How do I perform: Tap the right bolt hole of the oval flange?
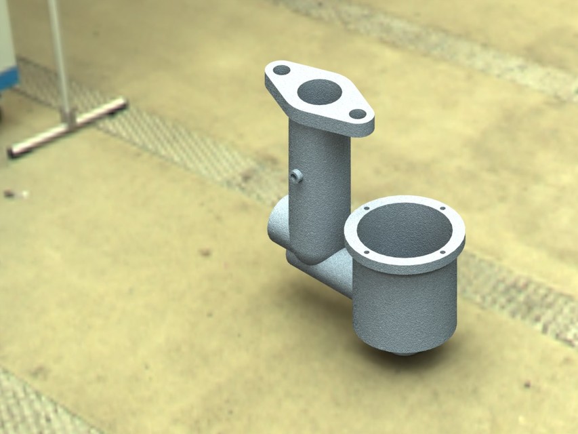pos(357,114)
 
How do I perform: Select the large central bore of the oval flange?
pos(319,92)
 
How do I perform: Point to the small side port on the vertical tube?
pos(296,176)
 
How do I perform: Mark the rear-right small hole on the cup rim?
pos(441,209)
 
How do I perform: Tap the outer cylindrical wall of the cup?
pos(407,305)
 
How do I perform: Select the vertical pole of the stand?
pos(59,54)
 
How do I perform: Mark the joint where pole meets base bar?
pos(69,118)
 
